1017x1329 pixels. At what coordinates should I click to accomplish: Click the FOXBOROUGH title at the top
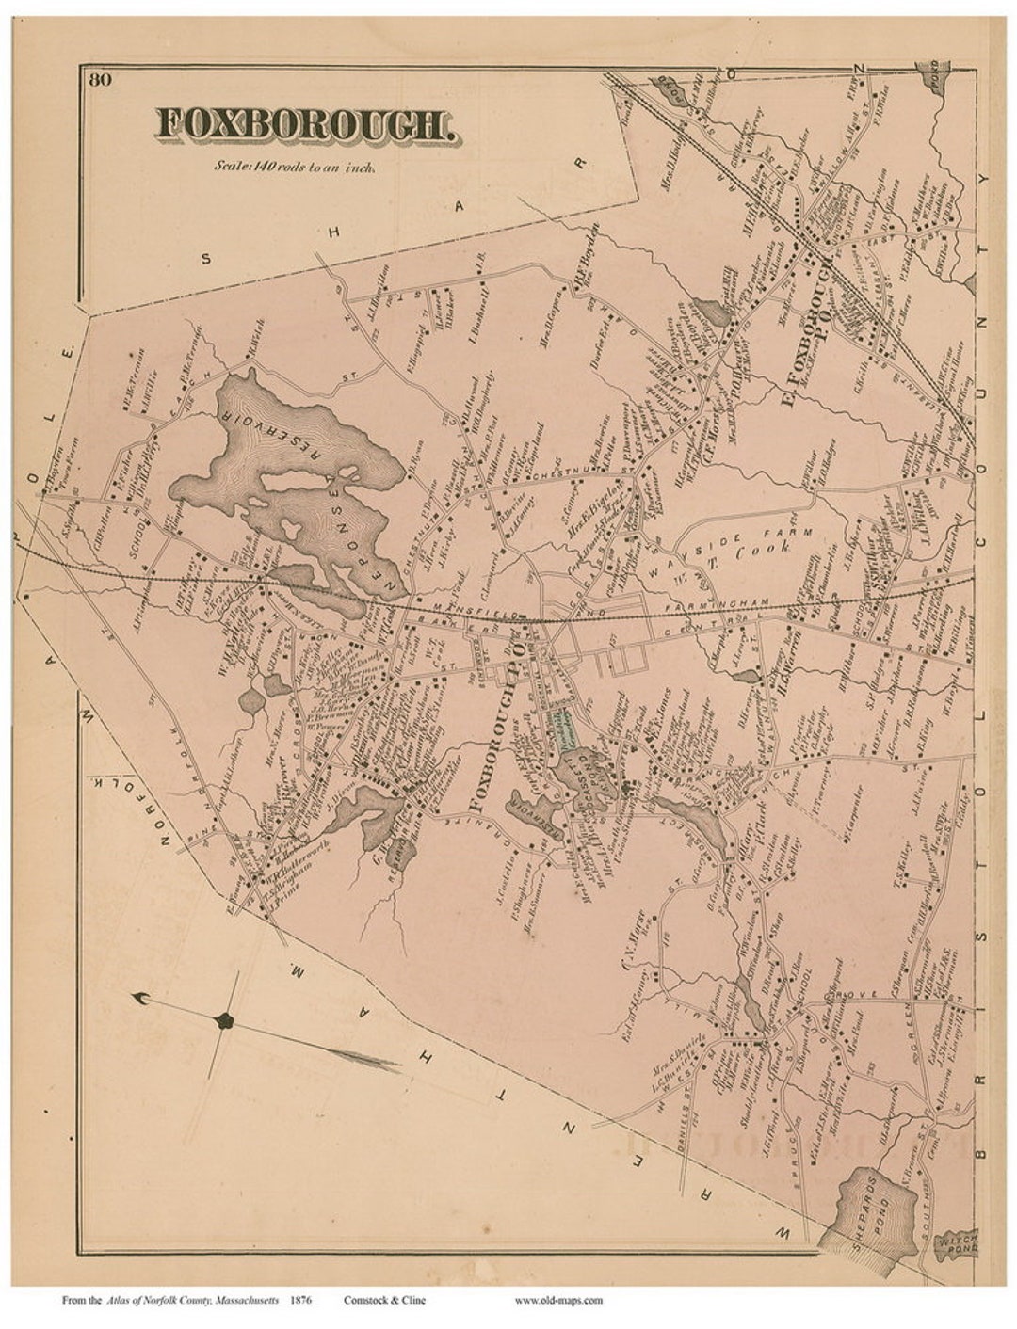click(307, 125)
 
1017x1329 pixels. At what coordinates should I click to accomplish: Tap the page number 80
click(101, 80)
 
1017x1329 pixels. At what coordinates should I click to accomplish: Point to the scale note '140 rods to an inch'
click(295, 168)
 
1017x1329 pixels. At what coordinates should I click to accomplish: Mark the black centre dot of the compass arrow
click(223, 1020)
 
